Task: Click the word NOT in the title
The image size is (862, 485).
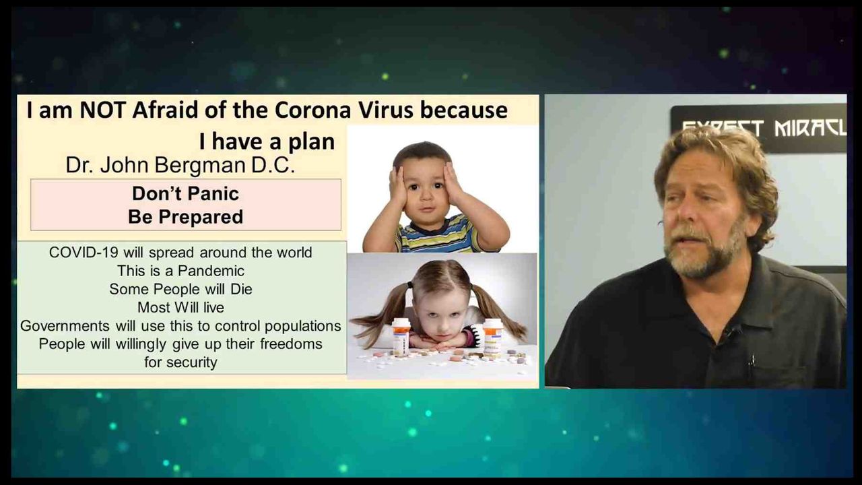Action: (x=102, y=110)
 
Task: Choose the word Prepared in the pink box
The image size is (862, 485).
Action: (x=201, y=217)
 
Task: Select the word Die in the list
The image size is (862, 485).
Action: (x=241, y=289)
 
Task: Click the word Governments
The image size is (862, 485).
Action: (x=65, y=325)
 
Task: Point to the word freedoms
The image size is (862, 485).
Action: (x=291, y=344)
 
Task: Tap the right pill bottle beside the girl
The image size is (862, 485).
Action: (x=493, y=335)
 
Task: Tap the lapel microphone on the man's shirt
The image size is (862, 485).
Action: (x=733, y=330)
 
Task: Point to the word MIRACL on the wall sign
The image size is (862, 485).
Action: (x=810, y=128)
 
